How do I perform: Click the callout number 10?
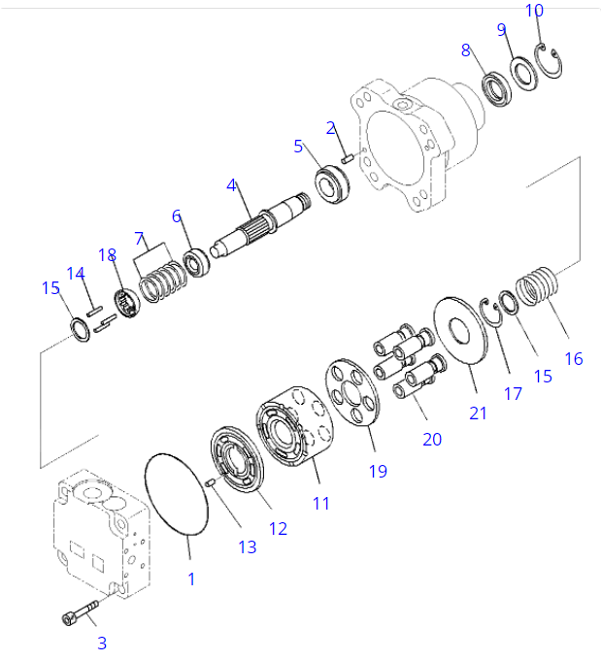pos(535,11)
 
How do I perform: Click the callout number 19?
pos(378,471)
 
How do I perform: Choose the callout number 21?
pos(478,413)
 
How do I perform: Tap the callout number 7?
pos(140,238)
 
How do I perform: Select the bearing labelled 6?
pos(197,261)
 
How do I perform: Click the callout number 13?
pos(248,547)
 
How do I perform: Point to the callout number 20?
pos(431,440)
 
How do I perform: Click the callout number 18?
pos(107,255)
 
